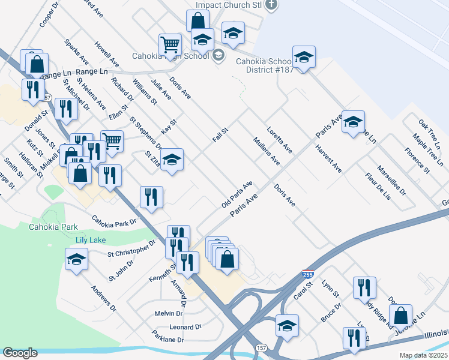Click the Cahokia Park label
53,227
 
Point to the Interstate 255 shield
307,274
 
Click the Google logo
19,353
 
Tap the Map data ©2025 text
423,355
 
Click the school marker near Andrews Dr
76,260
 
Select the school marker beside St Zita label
172,160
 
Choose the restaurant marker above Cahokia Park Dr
151,197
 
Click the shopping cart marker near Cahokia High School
170,44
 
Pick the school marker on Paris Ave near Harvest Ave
354,122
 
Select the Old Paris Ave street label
237,194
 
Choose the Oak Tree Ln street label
430,133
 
